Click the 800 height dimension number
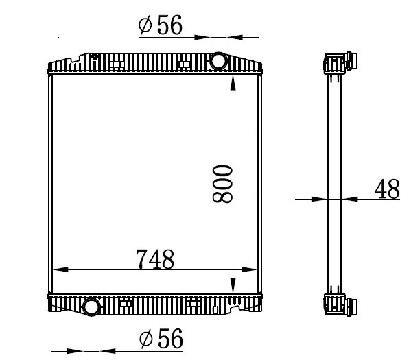[x=222, y=184]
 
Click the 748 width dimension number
[x=155, y=259]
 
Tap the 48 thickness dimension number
[x=387, y=189]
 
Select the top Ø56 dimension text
[x=160, y=25]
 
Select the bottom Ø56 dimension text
[x=161, y=338]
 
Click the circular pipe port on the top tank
[x=218, y=61]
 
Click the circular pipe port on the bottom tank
[x=91, y=307]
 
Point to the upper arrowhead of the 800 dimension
[x=233, y=83]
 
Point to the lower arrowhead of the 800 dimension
[x=233, y=286]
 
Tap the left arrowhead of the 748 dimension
[x=60, y=269]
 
